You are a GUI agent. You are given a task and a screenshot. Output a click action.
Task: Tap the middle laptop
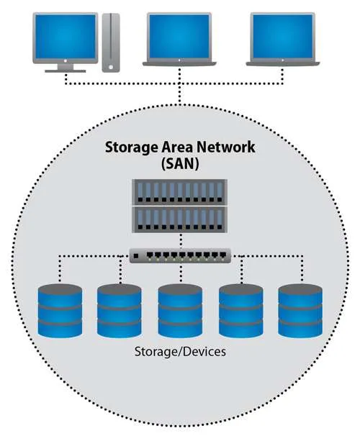pyautogui.click(x=178, y=40)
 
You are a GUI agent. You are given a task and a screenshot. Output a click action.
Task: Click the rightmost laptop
pyautogui.click(x=283, y=40)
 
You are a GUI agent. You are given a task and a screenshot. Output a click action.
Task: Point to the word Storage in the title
pyautogui.click(x=130, y=149)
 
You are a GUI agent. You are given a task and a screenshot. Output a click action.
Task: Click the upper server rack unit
pyautogui.click(x=180, y=191)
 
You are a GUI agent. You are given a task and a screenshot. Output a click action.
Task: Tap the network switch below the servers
pyautogui.click(x=180, y=255)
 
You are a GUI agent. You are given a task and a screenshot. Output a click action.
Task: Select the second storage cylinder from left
pyautogui.click(x=120, y=311)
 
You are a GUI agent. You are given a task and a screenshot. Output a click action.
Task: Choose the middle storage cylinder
pyautogui.click(x=180, y=311)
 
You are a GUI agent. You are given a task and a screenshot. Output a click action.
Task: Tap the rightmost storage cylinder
pyautogui.click(x=300, y=311)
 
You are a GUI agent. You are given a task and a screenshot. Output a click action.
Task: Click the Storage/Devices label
pyautogui.click(x=180, y=353)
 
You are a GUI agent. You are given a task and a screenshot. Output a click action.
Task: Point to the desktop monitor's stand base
pyautogui.click(x=65, y=71)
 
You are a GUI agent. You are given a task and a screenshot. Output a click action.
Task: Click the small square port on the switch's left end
pyautogui.click(x=136, y=255)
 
